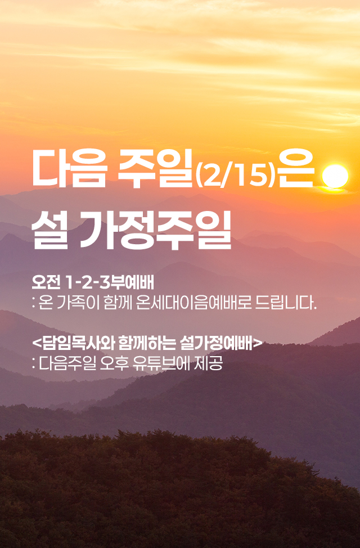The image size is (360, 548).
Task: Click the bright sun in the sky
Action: point(336,176)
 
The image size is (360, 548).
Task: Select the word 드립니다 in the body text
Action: point(287,304)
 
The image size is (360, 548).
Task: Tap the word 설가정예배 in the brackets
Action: point(217,342)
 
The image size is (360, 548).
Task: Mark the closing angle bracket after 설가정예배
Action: point(258,342)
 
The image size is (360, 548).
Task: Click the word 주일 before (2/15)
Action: point(152,169)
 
